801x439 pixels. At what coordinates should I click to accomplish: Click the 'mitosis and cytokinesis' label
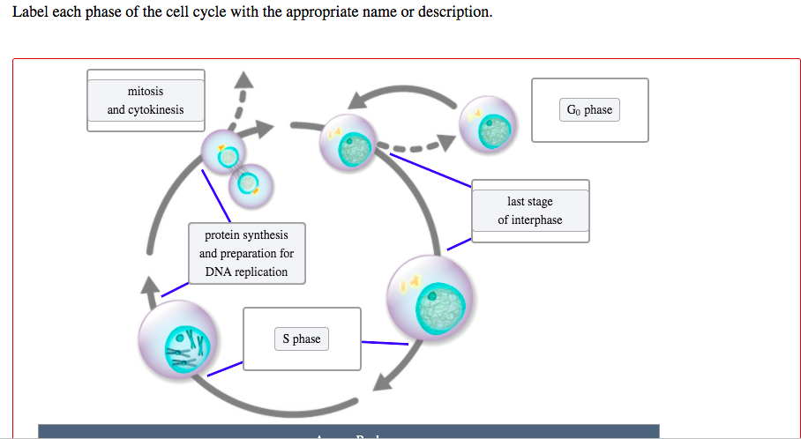click(146, 100)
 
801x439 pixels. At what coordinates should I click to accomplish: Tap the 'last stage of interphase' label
click(529, 211)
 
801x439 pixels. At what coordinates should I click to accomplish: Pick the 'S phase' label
click(302, 339)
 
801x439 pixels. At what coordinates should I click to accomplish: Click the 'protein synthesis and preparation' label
click(247, 253)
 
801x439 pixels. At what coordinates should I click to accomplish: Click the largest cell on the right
click(430, 298)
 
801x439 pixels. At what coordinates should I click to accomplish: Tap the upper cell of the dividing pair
click(227, 156)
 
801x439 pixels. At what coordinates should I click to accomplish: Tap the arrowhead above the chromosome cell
click(150, 284)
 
